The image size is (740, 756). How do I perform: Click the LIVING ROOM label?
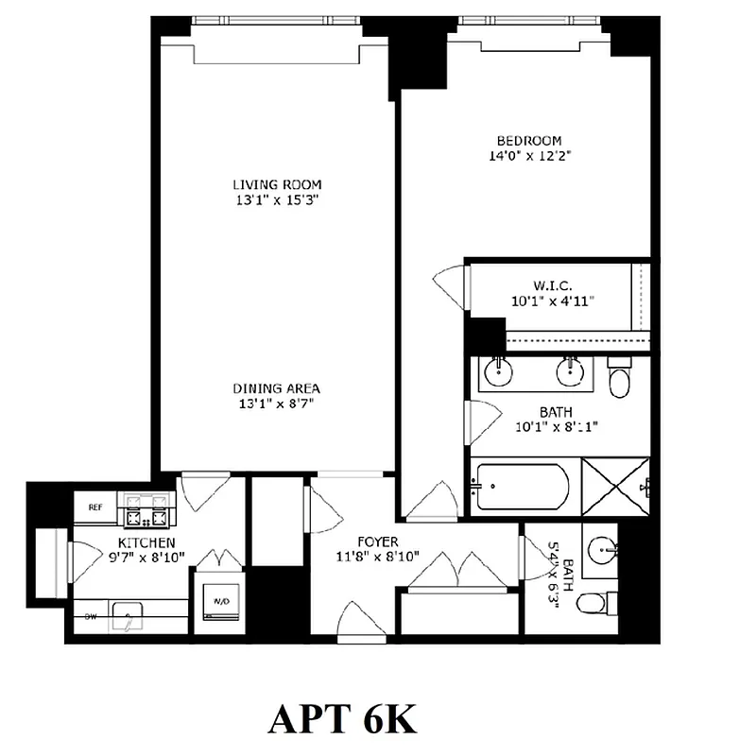pos(277,184)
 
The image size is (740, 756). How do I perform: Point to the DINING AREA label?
pos(277,388)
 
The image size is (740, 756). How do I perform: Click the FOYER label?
pos(376,541)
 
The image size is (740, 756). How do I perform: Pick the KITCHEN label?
pos(146,542)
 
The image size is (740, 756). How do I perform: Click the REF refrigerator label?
pos(95,507)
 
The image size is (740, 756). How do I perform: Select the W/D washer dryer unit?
pos(221,602)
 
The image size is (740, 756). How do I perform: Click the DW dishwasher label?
pos(92,616)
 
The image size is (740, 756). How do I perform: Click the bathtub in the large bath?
pos(523,486)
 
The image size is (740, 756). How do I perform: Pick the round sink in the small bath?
pos(601,548)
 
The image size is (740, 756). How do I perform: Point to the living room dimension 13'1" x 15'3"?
pos(277,200)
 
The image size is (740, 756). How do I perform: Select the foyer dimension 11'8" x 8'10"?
pos(376,558)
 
